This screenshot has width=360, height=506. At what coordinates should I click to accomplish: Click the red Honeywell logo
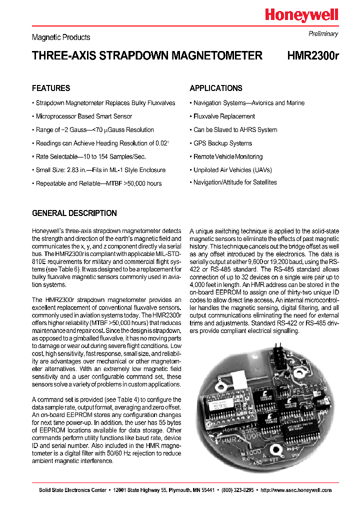coord(301,15)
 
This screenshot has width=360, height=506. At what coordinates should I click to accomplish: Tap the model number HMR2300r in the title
coord(313,56)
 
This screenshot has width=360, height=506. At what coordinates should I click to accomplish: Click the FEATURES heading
coord(51,88)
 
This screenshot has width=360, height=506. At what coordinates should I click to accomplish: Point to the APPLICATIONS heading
coord(216,88)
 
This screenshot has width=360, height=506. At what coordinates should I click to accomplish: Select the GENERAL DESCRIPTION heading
coord(74,213)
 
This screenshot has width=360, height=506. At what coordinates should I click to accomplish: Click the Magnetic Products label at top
coord(61,37)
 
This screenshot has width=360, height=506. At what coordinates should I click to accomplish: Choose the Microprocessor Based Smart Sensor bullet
coord(84,116)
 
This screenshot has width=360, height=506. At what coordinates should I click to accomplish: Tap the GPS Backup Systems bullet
coord(222,143)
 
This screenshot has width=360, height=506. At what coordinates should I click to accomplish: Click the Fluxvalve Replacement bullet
coord(224,116)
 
